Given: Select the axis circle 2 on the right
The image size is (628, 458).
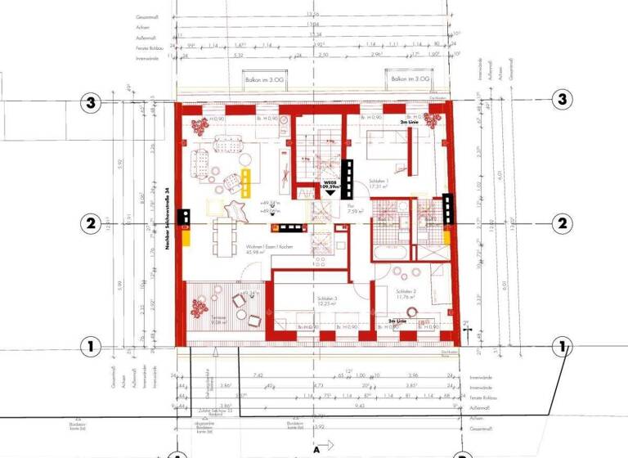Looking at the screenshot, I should [x=562, y=222].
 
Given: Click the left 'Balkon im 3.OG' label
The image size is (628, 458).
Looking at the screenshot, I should [x=260, y=79].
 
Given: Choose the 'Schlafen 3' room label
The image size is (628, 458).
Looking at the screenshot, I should [x=325, y=300].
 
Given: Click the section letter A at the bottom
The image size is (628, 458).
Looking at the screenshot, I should [x=314, y=448].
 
